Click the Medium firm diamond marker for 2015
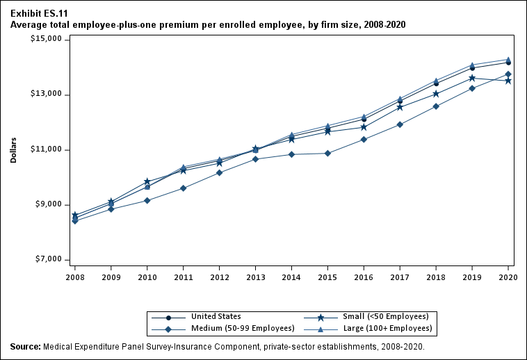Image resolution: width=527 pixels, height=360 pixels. (327, 153)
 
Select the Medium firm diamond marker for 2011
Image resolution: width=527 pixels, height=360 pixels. (183, 188)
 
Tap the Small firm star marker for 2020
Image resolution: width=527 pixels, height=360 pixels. (508, 81)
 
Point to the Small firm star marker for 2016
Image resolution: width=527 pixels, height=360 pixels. (364, 127)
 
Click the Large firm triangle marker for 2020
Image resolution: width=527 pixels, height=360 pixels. (508, 60)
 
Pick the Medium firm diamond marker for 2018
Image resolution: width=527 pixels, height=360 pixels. (436, 106)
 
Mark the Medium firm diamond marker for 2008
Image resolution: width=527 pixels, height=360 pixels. (74, 221)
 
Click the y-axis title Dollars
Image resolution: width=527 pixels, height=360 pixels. (13, 149)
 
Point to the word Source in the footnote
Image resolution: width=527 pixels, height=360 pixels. (24, 346)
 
